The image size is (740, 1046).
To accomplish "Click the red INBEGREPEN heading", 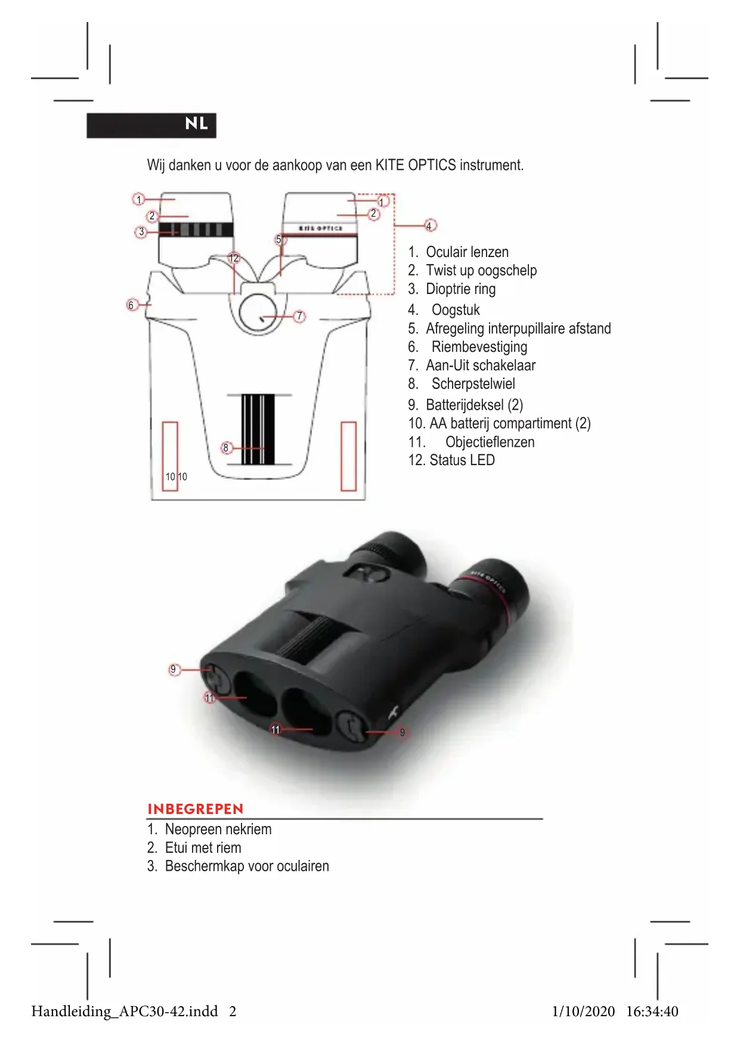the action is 195,809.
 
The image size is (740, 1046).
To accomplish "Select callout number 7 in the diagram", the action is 300,316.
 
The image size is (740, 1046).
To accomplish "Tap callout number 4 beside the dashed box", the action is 429,225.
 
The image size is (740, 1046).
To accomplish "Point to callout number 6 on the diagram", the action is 131,305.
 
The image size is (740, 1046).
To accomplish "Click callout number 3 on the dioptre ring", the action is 141,232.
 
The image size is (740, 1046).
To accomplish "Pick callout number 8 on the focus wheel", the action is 226,448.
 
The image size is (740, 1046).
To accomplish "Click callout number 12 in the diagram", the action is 234,258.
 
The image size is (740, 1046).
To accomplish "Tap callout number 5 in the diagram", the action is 279,240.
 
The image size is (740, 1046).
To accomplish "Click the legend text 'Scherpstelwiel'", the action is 473,384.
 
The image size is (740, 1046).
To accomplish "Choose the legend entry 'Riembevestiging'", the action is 479,347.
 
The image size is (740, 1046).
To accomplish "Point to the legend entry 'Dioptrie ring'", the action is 460,289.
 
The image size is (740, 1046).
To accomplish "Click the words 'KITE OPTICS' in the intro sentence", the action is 415,165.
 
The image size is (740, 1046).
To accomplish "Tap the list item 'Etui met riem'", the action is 203,848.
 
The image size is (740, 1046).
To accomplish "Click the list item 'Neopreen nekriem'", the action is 218,830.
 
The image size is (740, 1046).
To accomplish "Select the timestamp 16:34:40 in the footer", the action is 652,1011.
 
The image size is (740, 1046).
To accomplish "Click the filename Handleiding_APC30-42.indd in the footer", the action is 125,1011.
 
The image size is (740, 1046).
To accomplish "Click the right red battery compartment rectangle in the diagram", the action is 348,456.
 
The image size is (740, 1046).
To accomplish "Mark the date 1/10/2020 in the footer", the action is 583,1011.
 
